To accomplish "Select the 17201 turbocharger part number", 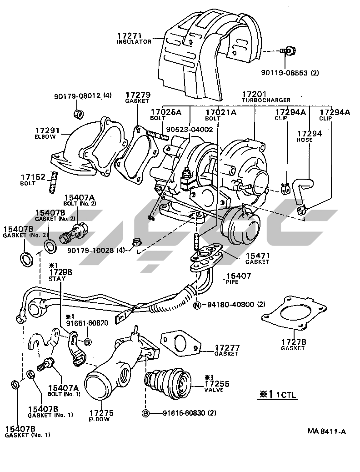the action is click(x=255, y=94).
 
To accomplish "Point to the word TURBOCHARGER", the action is click(x=266, y=100).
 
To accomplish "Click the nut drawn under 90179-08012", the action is click(x=79, y=114).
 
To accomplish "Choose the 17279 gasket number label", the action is click(x=138, y=95).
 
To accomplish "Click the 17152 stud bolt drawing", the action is click(x=53, y=182).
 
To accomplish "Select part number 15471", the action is click(x=258, y=256).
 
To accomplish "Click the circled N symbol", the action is click(x=197, y=305).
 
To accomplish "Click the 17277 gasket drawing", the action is click(x=181, y=342).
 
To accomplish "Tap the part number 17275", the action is click(x=101, y=413).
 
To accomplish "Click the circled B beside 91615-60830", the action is click(x=145, y=413).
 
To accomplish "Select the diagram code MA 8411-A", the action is click(x=326, y=432).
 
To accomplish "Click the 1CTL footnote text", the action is click(x=286, y=395).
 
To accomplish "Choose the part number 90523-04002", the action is click(x=190, y=130).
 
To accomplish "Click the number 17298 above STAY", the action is click(x=60, y=272).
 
